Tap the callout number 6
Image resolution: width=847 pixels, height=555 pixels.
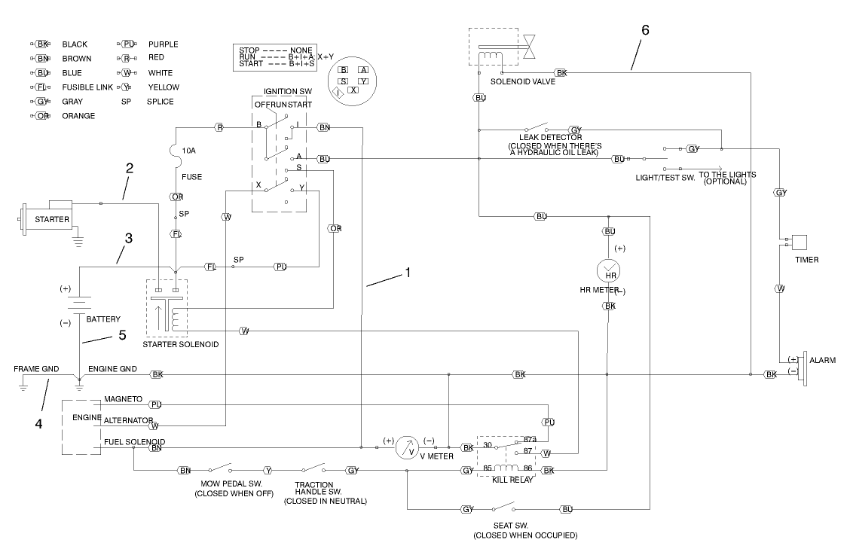644,30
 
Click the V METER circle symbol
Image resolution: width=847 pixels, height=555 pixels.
408,448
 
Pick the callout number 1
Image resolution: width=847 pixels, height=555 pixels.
408,273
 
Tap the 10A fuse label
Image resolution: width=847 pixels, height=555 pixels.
188,151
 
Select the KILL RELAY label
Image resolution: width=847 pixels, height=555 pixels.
513,480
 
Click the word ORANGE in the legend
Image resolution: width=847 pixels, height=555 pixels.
78,116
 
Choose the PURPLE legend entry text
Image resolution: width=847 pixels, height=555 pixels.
163,44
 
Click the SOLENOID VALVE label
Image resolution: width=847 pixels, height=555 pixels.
522,82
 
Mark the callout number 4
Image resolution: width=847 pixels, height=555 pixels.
37,423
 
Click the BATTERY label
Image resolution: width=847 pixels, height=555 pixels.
103,319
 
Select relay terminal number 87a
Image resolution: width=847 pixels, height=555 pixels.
530,439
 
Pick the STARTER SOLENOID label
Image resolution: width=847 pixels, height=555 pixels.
180,344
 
